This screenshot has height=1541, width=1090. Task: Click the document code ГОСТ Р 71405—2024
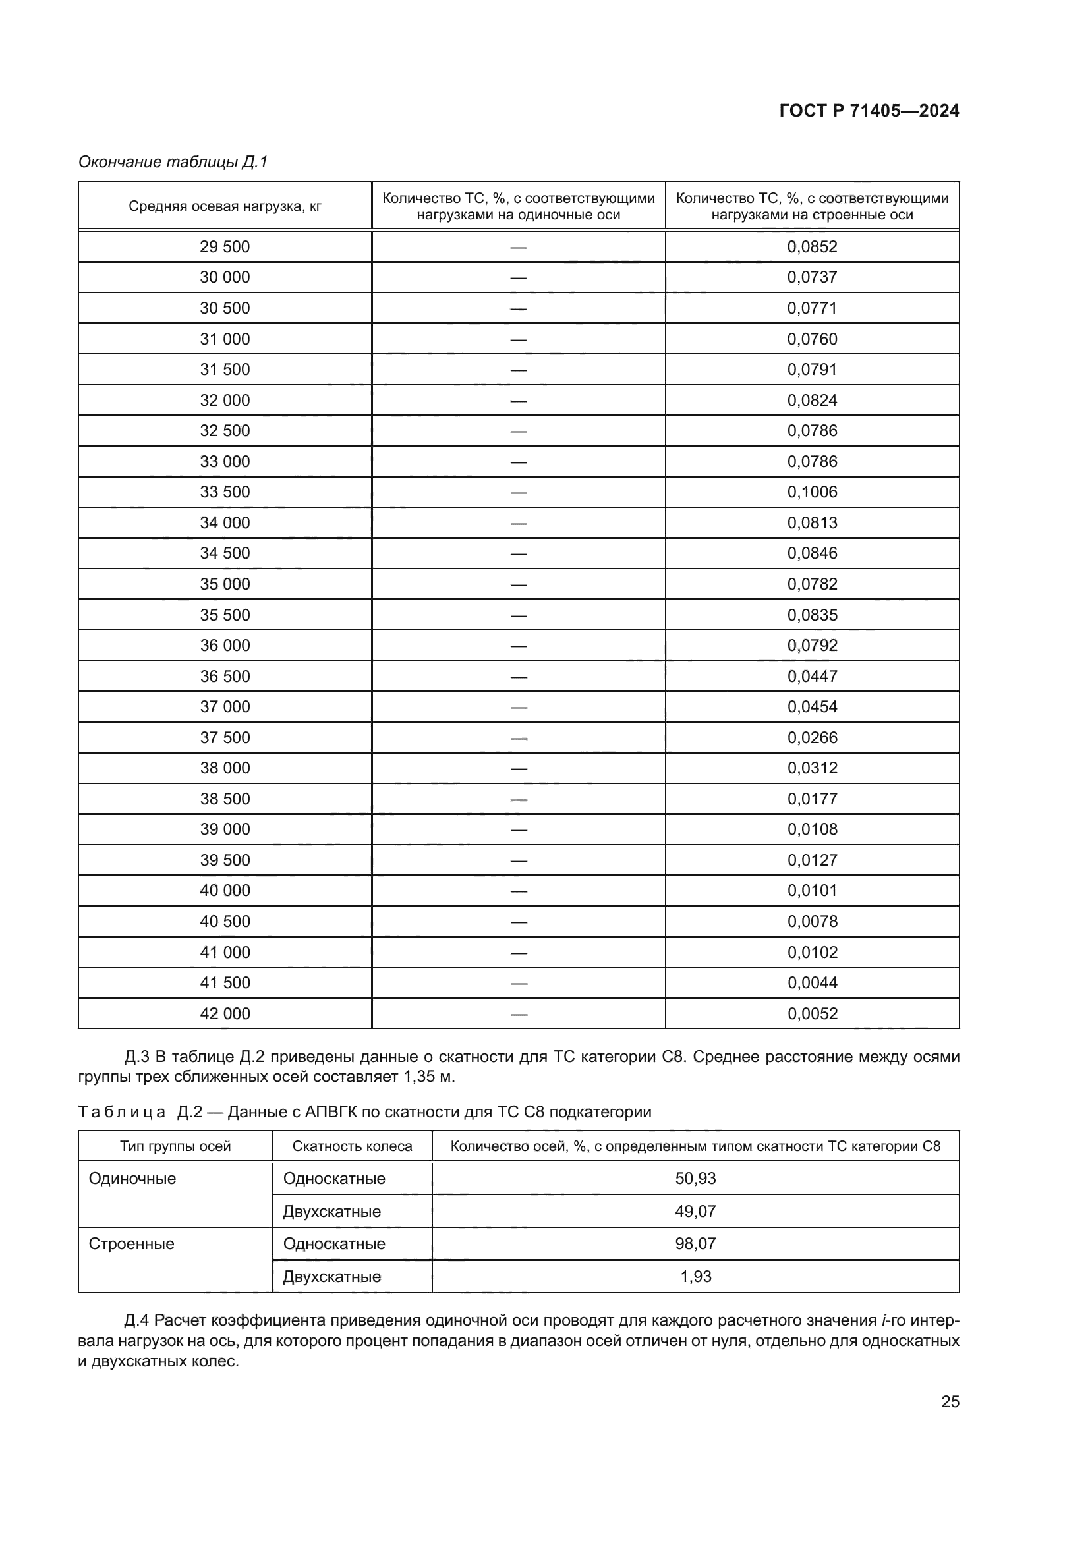(x=869, y=111)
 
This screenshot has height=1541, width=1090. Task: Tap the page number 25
(x=950, y=1401)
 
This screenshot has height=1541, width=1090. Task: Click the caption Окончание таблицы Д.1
(x=173, y=162)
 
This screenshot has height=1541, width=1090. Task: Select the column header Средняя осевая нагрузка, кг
(x=225, y=206)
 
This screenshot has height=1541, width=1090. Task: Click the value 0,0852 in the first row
(x=812, y=246)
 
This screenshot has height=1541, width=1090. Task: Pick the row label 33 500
(x=225, y=492)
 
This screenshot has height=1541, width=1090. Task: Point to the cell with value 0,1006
(x=812, y=492)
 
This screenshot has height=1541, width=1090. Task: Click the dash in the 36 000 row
(x=518, y=646)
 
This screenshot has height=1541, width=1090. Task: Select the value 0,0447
(x=812, y=676)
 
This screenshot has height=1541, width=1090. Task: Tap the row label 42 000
(x=225, y=1013)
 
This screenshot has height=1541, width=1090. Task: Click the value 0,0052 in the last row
(x=812, y=1013)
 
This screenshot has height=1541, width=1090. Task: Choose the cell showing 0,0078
(x=812, y=922)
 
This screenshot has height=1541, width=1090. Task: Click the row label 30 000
(x=225, y=277)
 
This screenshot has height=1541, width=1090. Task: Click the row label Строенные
(x=132, y=1244)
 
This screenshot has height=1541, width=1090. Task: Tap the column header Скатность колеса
(x=352, y=1146)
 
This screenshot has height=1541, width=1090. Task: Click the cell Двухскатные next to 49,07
(x=331, y=1212)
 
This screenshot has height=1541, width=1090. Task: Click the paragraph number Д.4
(x=136, y=1321)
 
